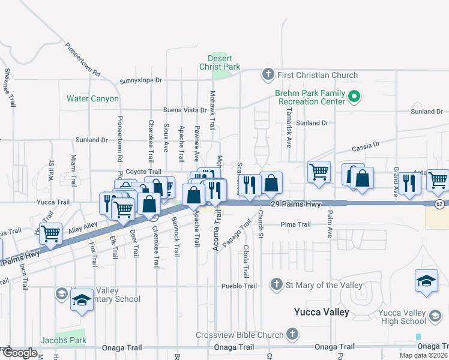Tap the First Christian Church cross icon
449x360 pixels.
[267, 75]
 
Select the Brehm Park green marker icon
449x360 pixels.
[354, 96]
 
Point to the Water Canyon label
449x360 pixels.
[92, 98]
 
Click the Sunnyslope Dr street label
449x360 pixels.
[141, 80]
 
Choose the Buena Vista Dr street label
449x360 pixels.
[185, 110]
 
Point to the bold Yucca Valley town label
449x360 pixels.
[322, 312]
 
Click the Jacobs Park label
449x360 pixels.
[63, 340]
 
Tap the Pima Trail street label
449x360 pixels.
[296, 224]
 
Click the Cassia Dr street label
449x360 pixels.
[368, 145]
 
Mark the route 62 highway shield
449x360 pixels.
[440, 204]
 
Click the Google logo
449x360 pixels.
[19, 353]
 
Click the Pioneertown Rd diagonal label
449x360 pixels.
[83, 58]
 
